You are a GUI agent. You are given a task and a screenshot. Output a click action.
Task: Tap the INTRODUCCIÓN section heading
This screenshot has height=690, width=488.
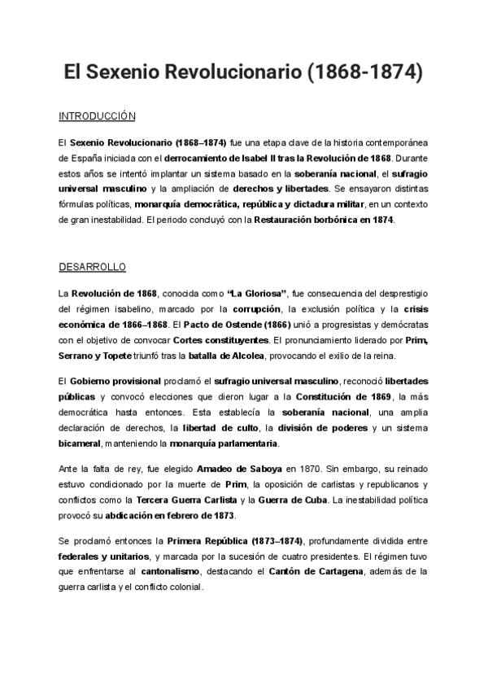(97, 116)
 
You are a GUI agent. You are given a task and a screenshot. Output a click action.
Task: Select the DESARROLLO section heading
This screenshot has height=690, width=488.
(92, 267)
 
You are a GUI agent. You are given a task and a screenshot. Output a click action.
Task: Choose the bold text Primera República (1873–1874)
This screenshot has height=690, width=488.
(235, 541)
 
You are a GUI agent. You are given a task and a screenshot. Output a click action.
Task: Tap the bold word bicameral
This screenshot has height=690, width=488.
(80, 443)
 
